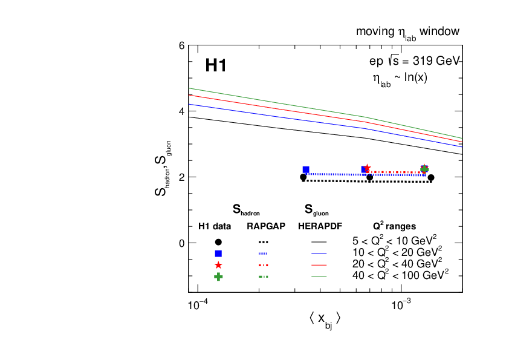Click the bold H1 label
pos(216,65)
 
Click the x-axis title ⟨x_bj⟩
pos(325,319)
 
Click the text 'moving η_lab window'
pos(407,32)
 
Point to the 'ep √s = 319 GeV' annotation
pos(415,61)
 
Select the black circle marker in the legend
pos(218,242)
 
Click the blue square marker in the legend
pos(218,254)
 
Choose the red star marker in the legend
pos(218,265)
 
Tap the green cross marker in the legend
pos(218,277)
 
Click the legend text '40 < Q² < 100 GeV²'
pos(400,275)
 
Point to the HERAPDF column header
pos(320,227)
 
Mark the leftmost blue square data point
pos(306,170)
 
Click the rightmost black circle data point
pos(431,177)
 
